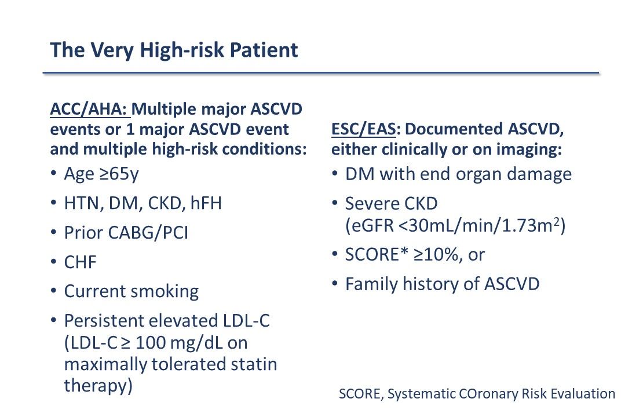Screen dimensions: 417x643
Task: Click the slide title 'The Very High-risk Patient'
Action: point(174,50)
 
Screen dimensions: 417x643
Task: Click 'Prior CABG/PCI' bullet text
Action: point(126,233)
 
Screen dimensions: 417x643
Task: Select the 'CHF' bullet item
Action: point(81,262)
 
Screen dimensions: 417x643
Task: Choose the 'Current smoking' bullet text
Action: point(131,291)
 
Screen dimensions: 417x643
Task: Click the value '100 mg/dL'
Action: point(177,343)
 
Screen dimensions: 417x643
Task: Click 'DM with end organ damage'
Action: point(458,174)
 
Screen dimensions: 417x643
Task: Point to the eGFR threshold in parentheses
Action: point(455,226)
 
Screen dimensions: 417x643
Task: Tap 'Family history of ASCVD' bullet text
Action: point(442,284)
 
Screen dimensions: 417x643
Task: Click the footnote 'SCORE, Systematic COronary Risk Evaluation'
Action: point(477,394)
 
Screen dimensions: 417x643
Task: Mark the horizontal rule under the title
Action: point(320,74)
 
